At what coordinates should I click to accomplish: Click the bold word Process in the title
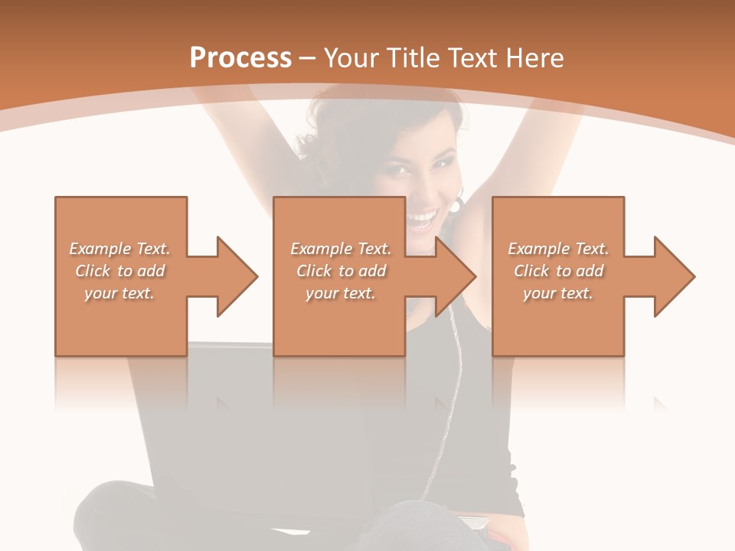(240, 58)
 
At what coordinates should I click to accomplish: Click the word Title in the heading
(413, 58)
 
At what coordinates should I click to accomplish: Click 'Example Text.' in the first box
(120, 249)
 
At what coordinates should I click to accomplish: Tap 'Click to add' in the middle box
(341, 271)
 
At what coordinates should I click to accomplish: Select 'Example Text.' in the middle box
(341, 249)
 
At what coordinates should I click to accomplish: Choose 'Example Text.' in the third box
(558, 249)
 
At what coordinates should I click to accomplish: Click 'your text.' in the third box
(557, 293)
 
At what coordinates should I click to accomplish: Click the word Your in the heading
(352, 58)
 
